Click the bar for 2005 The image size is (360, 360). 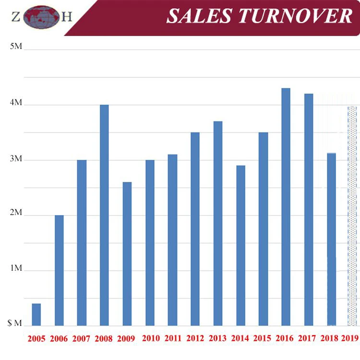pyautogui.click(x=36, y=314)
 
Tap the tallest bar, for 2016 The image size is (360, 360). pyautogui.click(x=286, y=207)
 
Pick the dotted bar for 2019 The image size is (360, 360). pyautogui.click(x=353, y=216)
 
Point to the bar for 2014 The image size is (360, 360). pyautogui.click(x=240, y=245)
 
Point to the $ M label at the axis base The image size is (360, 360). pyautogui.click(x=15, y=324)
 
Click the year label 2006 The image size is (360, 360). pyautogui.click(x=59, y=338)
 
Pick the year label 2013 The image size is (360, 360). pyautogui.click(x=217, y=338)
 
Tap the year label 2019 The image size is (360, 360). pyautogui.click(x=350, y=338)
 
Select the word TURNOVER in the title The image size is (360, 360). pyautogui.click(x=296, y=16)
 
